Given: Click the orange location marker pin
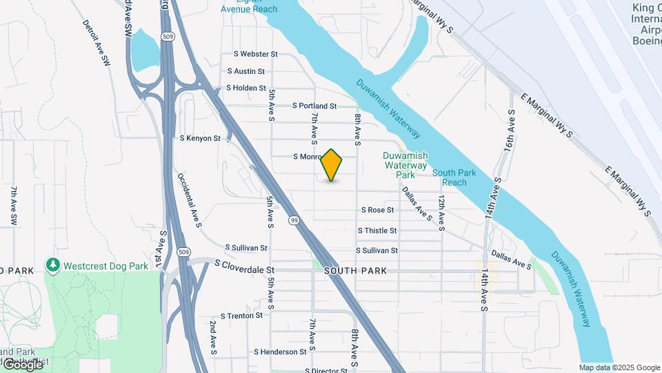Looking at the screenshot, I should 332,165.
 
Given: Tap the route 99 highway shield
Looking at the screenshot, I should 294,220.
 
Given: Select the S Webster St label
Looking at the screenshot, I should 255,54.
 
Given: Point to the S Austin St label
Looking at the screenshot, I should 246,71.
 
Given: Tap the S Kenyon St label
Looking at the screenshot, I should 199,138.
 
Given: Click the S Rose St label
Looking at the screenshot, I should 378,210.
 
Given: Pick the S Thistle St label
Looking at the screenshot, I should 377,231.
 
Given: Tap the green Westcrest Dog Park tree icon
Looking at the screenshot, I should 53,265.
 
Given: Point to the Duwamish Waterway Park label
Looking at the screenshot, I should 405,165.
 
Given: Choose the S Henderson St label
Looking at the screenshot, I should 280,352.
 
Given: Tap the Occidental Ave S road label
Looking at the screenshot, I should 189,200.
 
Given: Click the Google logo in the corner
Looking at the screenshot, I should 23,364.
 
